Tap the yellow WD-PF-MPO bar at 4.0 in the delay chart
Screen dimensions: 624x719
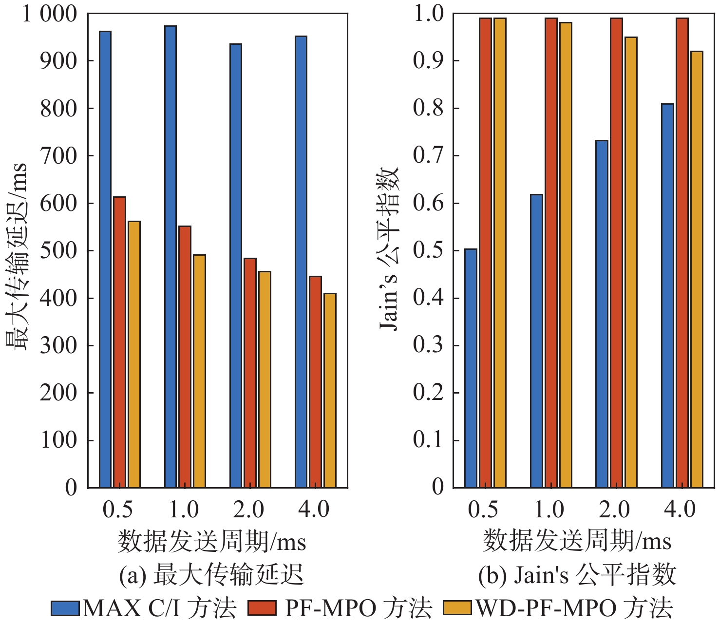click(x=330, y=390)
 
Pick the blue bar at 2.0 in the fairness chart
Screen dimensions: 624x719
click(x=602, y=314)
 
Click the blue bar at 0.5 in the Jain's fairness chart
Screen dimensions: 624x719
click(x=471, y=368)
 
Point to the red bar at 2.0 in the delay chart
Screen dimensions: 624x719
click(x=250, y=373)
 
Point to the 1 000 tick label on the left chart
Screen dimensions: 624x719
click(x=50, y=14)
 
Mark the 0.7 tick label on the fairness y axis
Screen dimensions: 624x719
click(x=429, y=156)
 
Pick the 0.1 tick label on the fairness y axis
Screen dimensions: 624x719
click(x=429, y=440)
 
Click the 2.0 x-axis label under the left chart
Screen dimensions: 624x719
click(x=248, y=510)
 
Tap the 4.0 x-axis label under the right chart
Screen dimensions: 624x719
click(x=680, y=510)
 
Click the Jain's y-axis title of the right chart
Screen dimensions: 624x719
click(x=389, y=248)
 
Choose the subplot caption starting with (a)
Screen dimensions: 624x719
click(x=211, y=575)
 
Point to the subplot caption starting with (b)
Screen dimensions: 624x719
click(x=577, y=575)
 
